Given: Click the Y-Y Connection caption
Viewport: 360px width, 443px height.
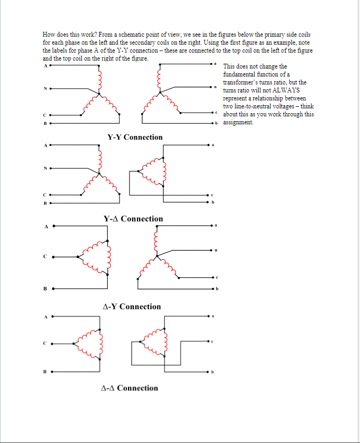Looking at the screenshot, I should [135, 137].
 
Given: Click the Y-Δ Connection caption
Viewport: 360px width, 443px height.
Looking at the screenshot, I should [133, 219].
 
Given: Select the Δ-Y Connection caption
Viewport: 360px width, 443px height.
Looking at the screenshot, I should [132, 306].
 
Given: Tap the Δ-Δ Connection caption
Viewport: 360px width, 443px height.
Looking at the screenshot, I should [130, 388].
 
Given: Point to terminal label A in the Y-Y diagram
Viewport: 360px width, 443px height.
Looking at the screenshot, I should [45, 66].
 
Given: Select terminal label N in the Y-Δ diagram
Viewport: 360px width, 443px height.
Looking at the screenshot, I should [45, 169].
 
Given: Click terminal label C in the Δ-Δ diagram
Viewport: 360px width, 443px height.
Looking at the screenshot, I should [46, 343].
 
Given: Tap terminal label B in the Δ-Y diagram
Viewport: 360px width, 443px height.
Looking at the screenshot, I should [46, 289].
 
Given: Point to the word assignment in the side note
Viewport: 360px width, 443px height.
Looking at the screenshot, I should [238, 122].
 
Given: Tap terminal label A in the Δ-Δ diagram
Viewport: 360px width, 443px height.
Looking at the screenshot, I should [46, 317].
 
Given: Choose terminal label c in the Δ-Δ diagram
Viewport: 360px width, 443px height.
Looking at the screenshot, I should [212, 342].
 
